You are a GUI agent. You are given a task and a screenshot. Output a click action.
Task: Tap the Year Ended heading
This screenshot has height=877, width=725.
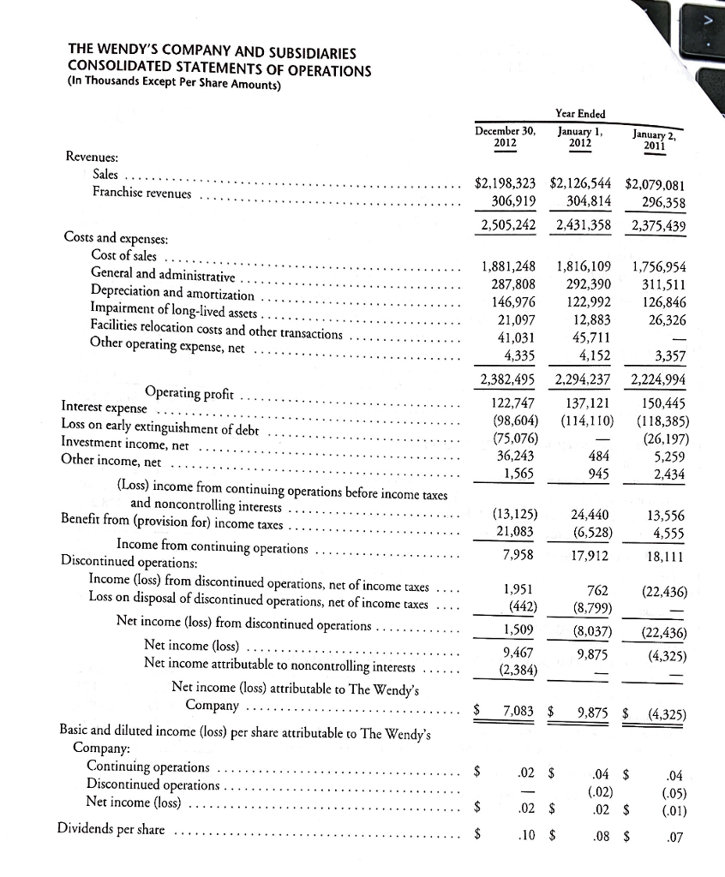coord(580,113)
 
